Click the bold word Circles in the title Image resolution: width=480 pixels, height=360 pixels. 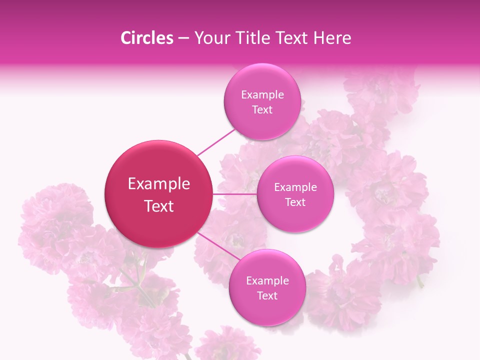pyautogui.click(x=146, y=38)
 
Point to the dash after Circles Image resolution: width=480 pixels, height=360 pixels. pyautogui.click(x=183, y=38)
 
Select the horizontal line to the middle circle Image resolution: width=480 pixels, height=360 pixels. pyautogui.click(x=234, y=194)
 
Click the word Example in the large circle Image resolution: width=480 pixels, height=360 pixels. pyautogui.click(x=159, y=184)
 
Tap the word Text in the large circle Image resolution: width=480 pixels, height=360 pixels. pyautogui.click(x=159, y=206)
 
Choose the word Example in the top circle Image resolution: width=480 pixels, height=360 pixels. pyautogui.click(x=262, y=95)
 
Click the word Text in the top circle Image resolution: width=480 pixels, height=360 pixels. pyautogui.click(x=262, y=110)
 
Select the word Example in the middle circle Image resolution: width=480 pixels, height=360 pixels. pyautogui.click(x=295, y=187)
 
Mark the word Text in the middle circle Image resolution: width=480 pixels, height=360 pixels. pyautogui.click(x=295, y=202)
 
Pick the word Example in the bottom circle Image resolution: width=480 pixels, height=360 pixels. pyautogui.click(x=267, y=281)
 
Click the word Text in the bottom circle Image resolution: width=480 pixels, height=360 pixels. pyautogui.click(x=267, y=296)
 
